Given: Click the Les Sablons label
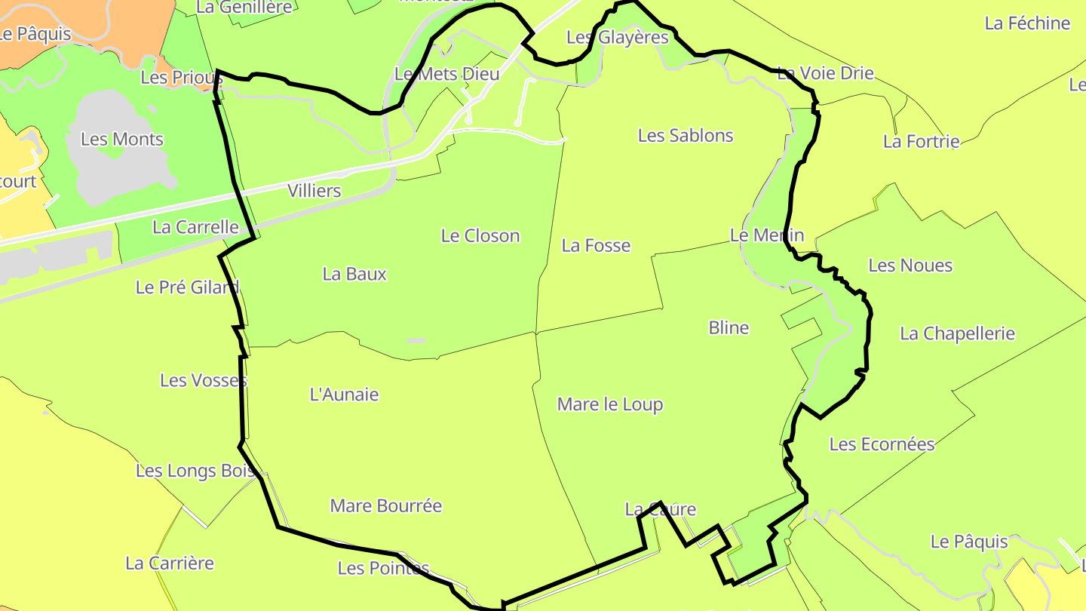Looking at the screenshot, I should click(x=686, y=136).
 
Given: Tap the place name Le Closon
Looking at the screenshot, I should click(x=480, y=236).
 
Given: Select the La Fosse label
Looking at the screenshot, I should click(x=596, y=246).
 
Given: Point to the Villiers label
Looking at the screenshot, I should click(x=314, y=192).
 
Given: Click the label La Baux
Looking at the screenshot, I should click(x=354, y=275).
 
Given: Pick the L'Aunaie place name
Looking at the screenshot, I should click(x=345, y=395).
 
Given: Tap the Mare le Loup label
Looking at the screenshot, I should click(x=610, y=405).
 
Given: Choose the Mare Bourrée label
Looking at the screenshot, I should click(x=386, y=506).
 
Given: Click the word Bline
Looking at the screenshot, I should click(x=729, y=328).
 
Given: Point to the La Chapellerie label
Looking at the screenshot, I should click(x=958, y=334).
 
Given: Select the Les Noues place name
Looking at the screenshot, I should click(x=910, y=266).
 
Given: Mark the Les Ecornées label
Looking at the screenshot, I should click(x=882, y=444).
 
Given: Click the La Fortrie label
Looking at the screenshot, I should click(x=922, y=142).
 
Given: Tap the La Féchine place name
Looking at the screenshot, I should click(x=1027, y=23).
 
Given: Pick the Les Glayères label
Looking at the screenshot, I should click(x=618, y=38).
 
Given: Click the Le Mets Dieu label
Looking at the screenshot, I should click(x=447, y=75).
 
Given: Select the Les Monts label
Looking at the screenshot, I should click(x=121, y=140).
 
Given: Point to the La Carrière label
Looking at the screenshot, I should click(x=170, y=563).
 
